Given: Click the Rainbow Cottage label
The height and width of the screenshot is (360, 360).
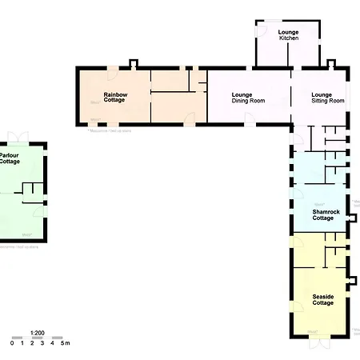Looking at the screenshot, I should click(115, 97).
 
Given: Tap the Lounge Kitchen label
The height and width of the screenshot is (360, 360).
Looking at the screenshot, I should click(288, 35).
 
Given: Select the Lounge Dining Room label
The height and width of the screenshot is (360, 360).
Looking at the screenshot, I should click(248, 97).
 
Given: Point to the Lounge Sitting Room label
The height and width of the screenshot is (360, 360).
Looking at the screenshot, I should click(327, 97).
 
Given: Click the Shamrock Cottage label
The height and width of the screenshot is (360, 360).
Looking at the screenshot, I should click(323, 214).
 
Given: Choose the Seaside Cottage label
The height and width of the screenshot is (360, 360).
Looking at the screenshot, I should click(323, 301).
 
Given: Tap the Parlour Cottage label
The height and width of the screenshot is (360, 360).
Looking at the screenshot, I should click(10, 158).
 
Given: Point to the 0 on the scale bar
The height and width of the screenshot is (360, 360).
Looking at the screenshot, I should click(12, 344).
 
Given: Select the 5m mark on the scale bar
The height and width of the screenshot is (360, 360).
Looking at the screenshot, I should click(66, 344).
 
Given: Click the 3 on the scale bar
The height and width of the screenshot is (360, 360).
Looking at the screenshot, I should click(42, 344).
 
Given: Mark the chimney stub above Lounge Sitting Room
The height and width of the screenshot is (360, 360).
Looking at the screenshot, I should click(330, 63).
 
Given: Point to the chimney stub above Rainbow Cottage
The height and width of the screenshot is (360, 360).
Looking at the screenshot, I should click(134, 62).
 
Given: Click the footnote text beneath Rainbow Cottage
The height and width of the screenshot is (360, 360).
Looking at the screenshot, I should click(112, 130).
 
